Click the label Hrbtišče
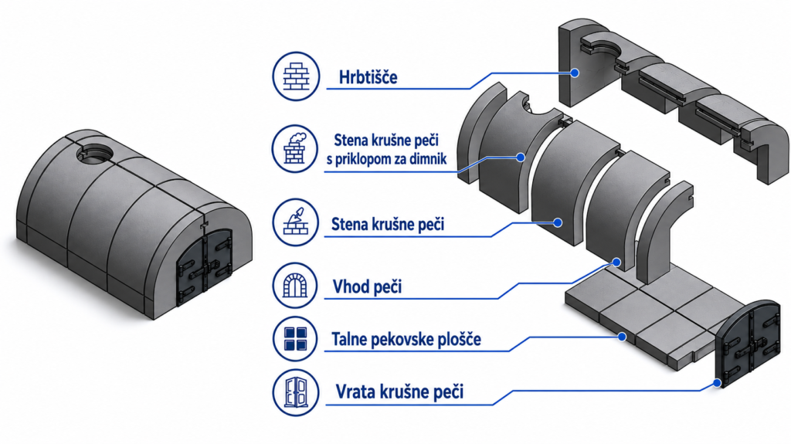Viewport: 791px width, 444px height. coord(368,77)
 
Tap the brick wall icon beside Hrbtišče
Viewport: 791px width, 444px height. coord(296,76)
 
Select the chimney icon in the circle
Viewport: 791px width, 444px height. coord(296,148)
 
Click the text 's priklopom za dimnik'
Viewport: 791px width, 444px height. coord(386,159)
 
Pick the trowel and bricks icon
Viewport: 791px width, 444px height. coord(296,222)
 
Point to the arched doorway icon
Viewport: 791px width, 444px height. coord(296,286)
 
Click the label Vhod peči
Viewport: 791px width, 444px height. coord(367,286)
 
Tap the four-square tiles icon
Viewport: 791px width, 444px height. coord(296,338)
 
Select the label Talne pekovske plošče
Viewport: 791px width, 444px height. coord(406,339)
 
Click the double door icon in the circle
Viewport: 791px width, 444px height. coord(296,392)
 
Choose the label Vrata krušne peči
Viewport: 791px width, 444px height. coord(399,391)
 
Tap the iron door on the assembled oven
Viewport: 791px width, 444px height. coord(204,267)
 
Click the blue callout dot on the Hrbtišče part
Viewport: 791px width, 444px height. coord(575,73)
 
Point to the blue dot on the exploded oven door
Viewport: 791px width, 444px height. coord(717,384)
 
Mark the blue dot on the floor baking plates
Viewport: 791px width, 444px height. coord(623,337)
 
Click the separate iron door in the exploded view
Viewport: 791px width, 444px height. coord(749,344)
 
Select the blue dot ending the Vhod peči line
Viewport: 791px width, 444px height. coord(616,262)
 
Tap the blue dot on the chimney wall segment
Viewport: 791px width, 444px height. coord(521,158)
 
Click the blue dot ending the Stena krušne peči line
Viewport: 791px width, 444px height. coord(558,222)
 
